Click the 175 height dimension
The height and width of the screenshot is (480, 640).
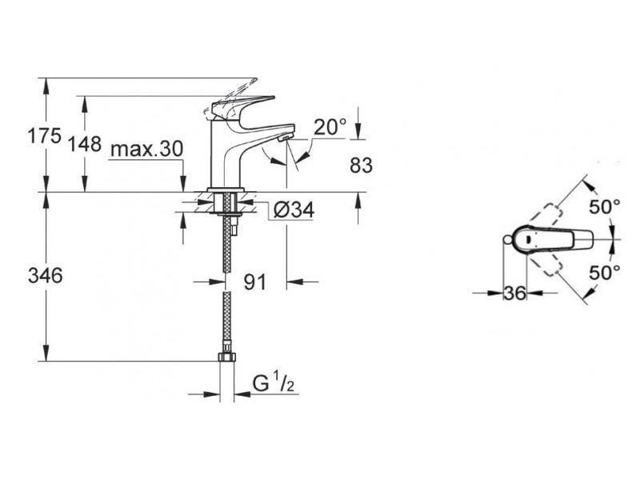point(44,135)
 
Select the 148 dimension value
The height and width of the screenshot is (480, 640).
point(85,144)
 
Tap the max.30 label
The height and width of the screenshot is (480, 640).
point(147,150)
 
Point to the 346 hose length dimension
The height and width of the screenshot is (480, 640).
point(46,275)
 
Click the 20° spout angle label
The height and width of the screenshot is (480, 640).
point(330,126)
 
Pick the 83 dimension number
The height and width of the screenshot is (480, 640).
point(362,166)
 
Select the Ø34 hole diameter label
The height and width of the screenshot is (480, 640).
point(294,210)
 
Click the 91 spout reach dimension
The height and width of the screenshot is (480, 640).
point(254,282)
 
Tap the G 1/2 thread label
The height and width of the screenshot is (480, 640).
point(274,383)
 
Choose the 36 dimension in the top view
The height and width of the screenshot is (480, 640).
point(514,293)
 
